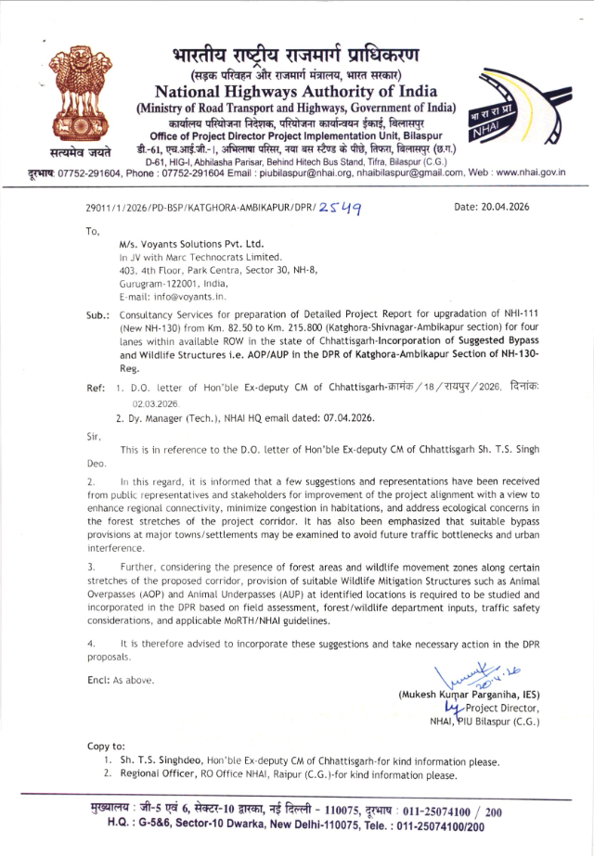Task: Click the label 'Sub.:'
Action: (x=98, y=315)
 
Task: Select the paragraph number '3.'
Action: (x=90, y=565)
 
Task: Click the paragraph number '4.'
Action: (x=90, y=643)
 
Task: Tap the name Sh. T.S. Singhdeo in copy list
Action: (x=166, y=761)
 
